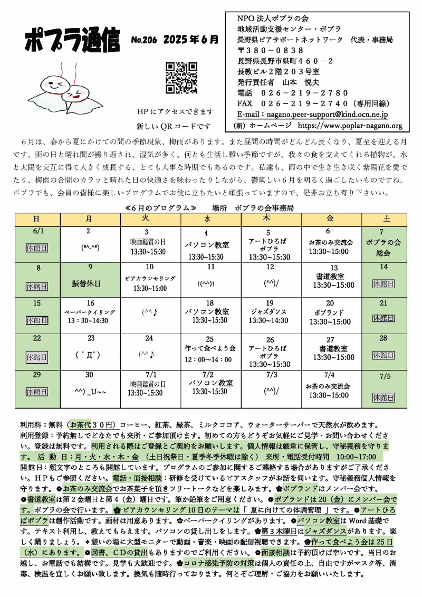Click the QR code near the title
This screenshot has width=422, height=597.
182,78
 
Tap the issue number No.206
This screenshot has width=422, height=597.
144,40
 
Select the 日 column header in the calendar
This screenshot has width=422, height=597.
37,219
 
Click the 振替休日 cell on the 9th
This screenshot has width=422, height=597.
86,283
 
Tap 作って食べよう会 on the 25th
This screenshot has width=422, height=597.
210,348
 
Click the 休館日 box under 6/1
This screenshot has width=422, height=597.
37,247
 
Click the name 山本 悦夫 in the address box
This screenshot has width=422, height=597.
305,82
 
